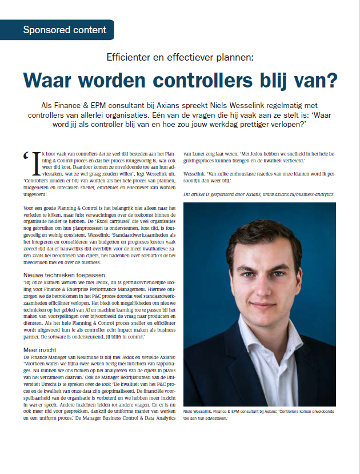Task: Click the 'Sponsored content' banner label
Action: click(64, 30)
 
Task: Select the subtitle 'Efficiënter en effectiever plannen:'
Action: click(179, 57)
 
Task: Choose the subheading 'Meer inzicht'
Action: click(39, 350)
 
